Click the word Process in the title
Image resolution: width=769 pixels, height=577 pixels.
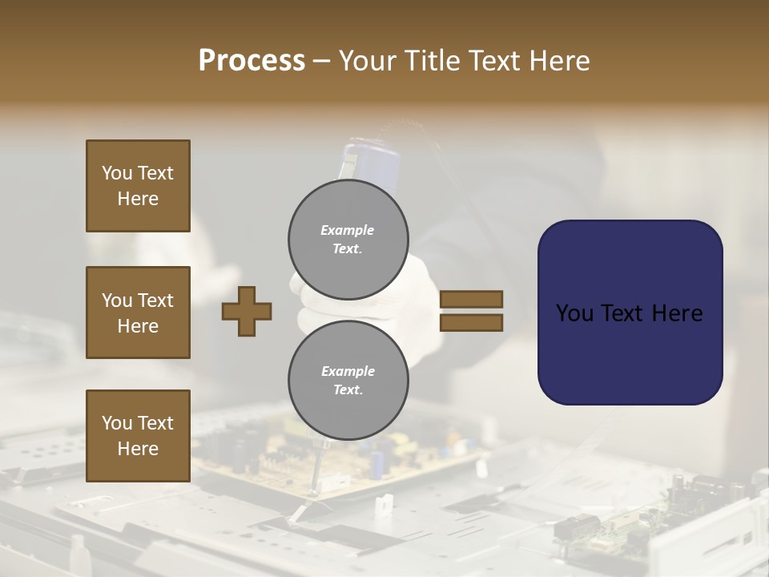pyautogui.click(x=252, y=61)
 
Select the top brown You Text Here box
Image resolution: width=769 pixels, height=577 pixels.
pyautogui.click(x=138, y=186)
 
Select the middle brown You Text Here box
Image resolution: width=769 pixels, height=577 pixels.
pyautogui.click(x=138, y=313)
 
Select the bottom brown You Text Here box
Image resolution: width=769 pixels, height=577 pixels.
pyautogui.click(x=138, y=436)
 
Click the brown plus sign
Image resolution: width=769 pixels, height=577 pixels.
pyautogui.click(x=247, y=311)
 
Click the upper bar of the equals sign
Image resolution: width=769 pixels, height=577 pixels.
pyautogui.click(x=471, y=299)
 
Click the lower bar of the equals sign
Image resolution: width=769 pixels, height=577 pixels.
pyautogui.click(x=471, y=323)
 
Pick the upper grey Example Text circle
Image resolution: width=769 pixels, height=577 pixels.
pyautogui.click(x=348, y=239)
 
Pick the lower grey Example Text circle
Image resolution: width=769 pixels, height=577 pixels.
pyautogui.click(x=348, y=380)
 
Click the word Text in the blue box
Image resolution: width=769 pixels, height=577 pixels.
pyautogui.click(x=629, y=313)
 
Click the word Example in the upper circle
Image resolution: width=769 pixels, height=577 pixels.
pyautogui.click(x=348, y=230)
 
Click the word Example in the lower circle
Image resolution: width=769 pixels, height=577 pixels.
pyautogui.click(x=348, y=371)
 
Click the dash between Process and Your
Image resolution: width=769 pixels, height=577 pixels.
pyautogui.click(x=322, y=62)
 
